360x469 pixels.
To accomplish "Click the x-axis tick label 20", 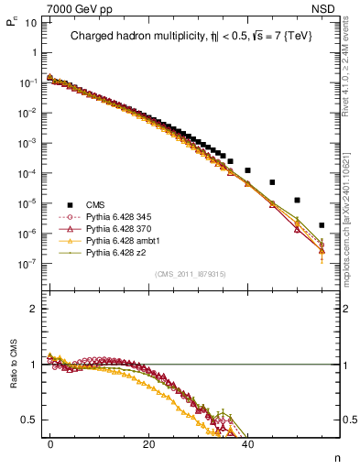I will pos(148,442).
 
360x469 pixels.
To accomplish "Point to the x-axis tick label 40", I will pos(247,442).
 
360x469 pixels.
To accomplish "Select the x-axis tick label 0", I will pos(50,442).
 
